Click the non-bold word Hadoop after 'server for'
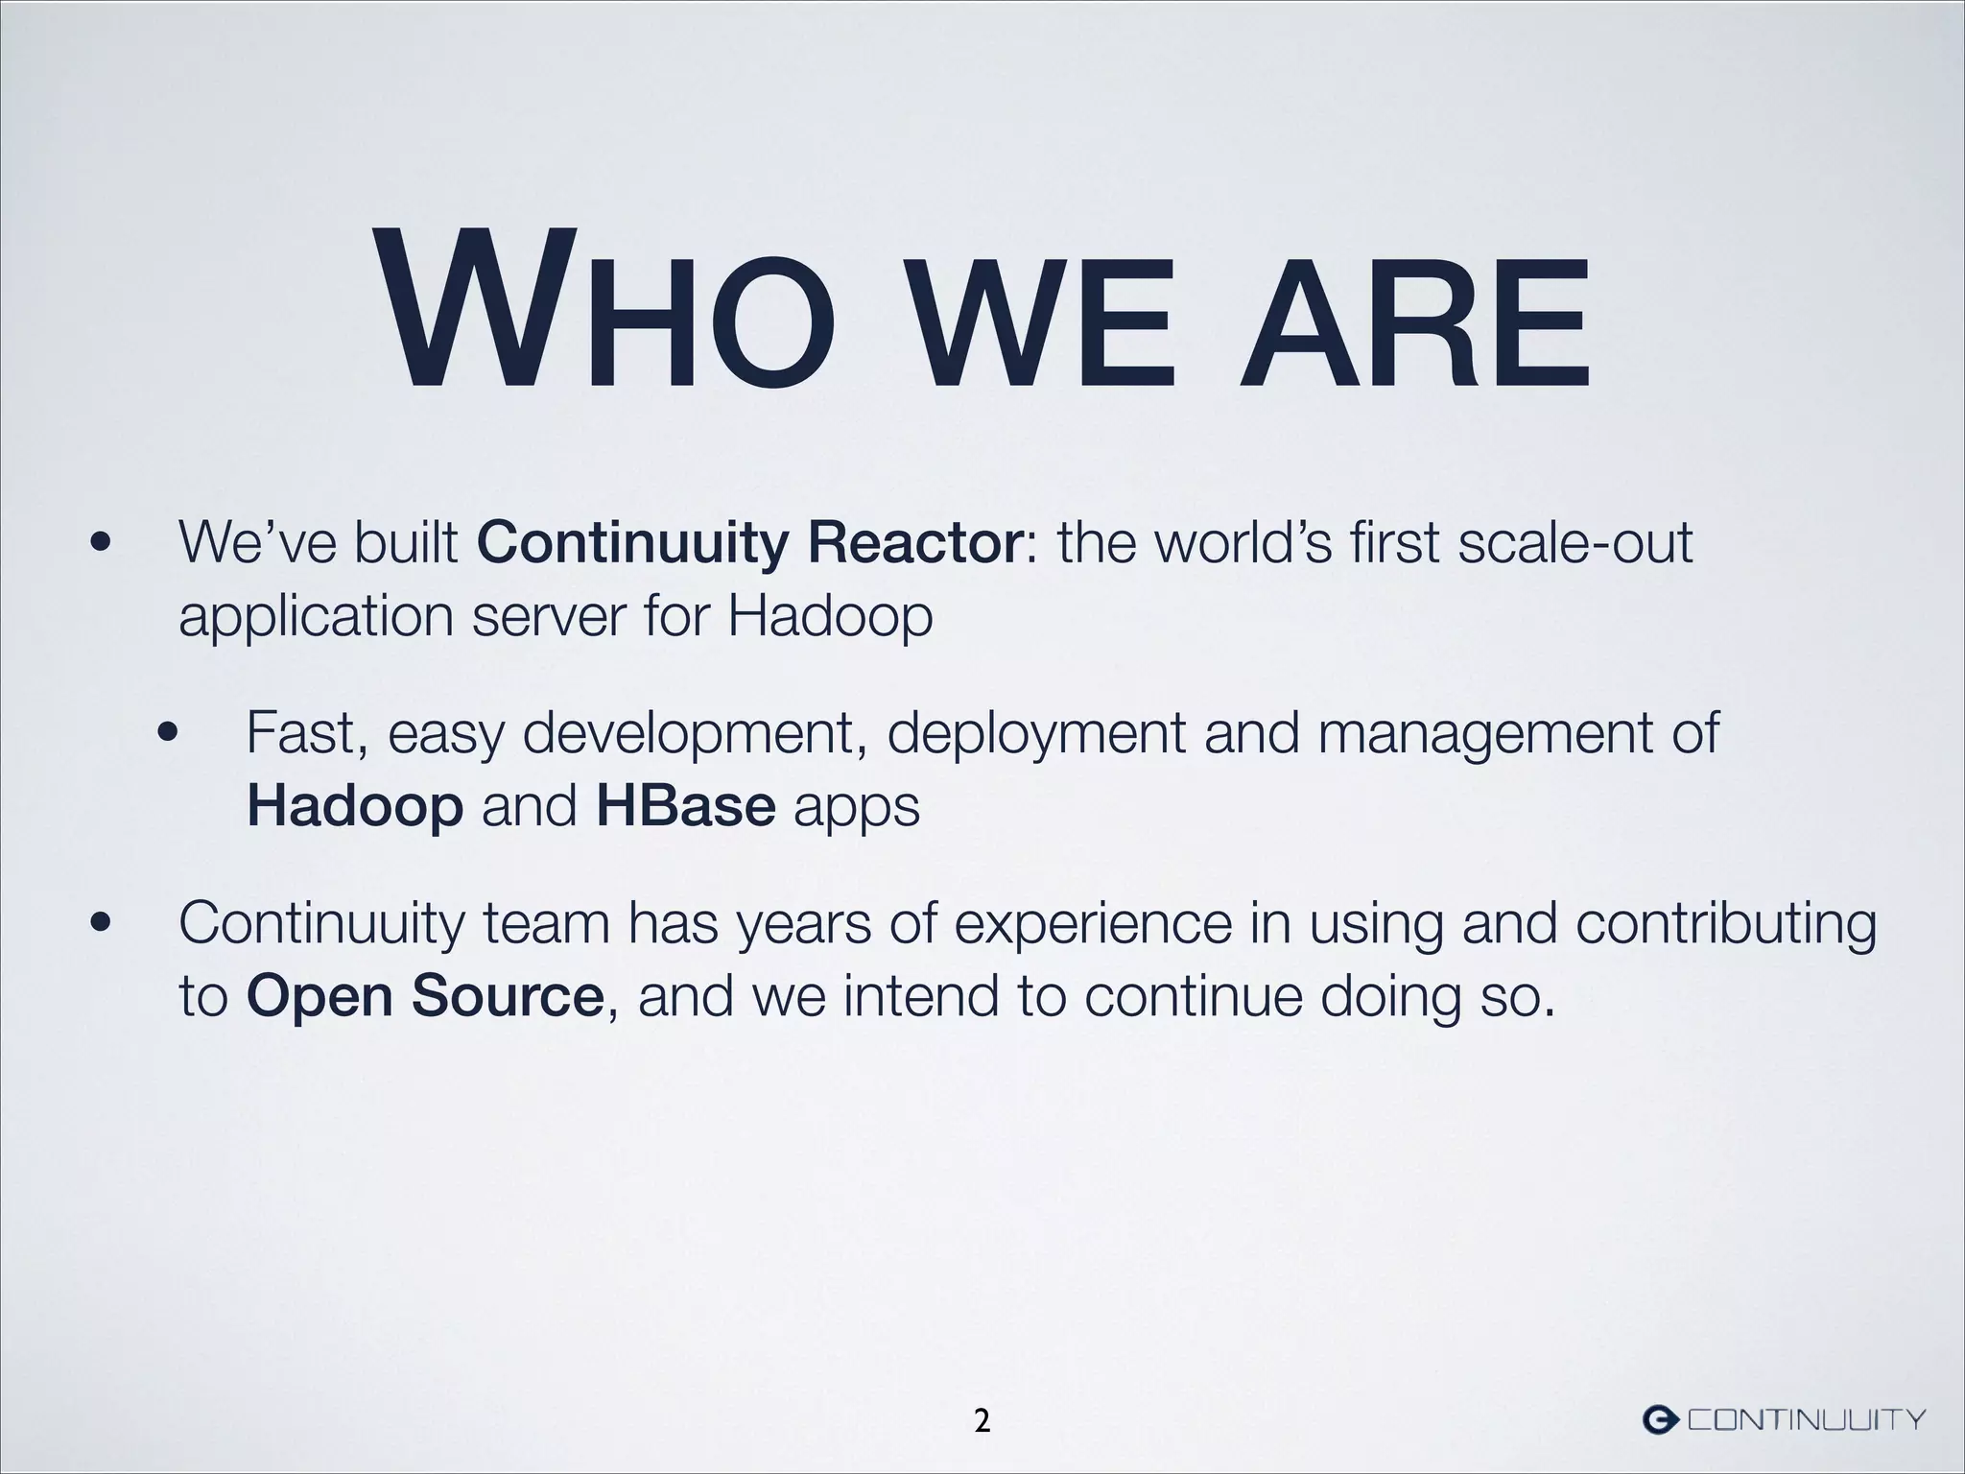click(829, 615)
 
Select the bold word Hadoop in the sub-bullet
click(355, 807)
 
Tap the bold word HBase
click(685, 807)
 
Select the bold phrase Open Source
click(424, 997)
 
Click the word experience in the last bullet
click(1093, 926)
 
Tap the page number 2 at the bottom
click(982, 1421)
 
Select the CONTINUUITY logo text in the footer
click(1807, 1419)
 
